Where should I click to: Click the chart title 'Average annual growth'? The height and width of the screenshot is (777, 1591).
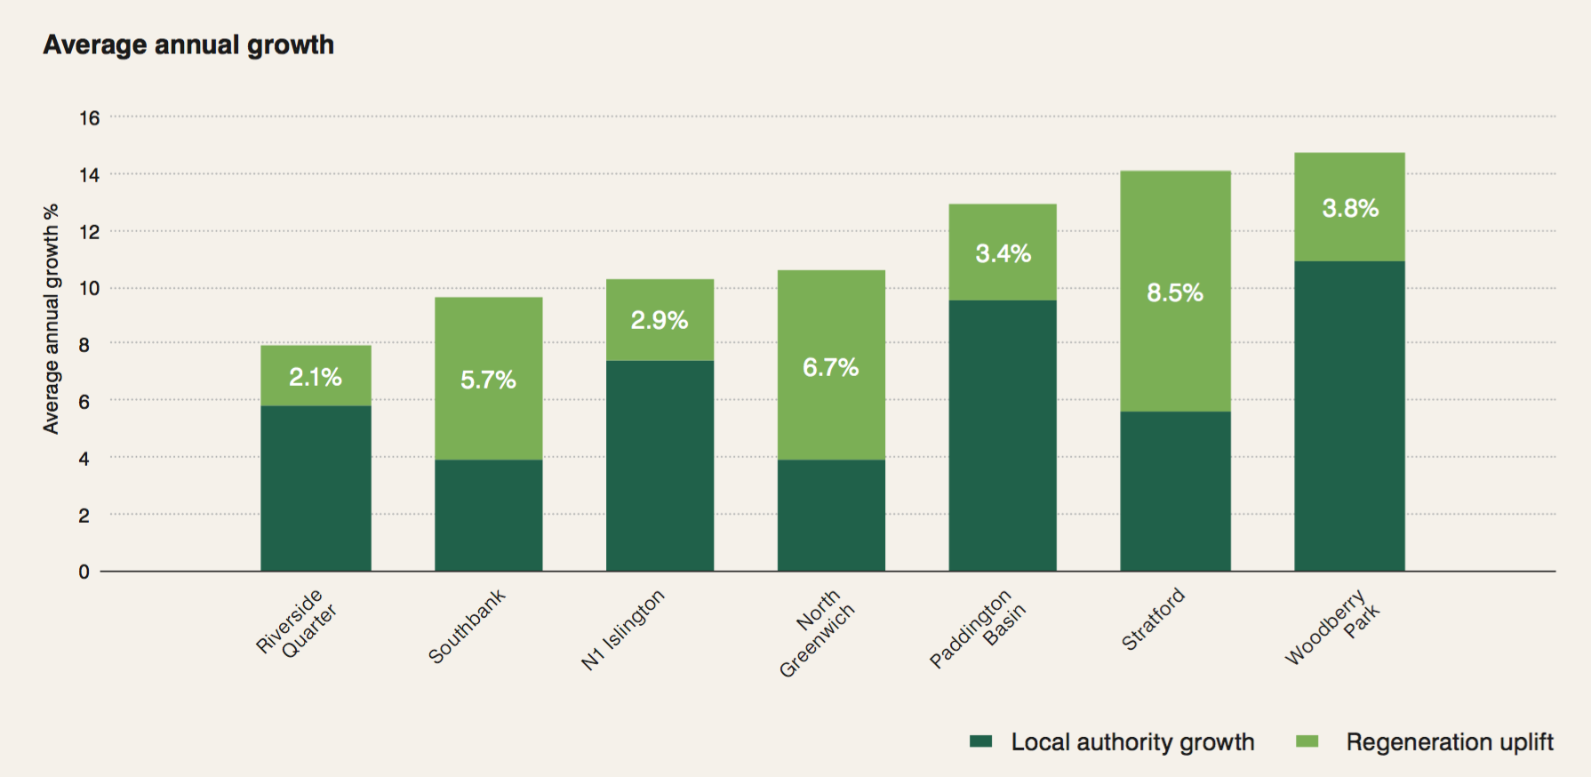coord(188,44)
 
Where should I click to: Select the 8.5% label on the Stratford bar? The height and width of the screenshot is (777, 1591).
coord(1174,292)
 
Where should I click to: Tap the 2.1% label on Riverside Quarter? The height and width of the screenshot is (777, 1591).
coord(316,377)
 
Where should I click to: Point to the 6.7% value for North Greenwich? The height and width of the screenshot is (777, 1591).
coord(830,367)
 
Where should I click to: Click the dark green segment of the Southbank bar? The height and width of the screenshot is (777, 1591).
coord(488,515)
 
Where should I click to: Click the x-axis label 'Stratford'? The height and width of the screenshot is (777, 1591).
coord(1153,619)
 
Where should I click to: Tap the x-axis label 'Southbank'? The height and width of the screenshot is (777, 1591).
coord(467,626)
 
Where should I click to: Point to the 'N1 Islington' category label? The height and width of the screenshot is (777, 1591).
coord(622,629)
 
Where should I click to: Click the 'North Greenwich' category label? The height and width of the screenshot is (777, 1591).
coord(816,632)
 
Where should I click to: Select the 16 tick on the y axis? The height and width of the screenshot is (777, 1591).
coord(89,118)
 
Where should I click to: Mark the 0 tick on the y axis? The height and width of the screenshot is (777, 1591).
coord(84,572)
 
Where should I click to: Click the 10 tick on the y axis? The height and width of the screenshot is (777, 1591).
coord(89,288)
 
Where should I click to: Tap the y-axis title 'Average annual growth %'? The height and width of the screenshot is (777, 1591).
coord(51,318)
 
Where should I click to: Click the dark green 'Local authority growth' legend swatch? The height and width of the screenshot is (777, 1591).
coord(980,741)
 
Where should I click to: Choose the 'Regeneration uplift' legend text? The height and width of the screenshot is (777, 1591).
coord(1449,741)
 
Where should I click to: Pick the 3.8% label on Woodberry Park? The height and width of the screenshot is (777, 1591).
coord(1349,208)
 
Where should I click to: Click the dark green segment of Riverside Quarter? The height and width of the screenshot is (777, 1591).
coord(316,488)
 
